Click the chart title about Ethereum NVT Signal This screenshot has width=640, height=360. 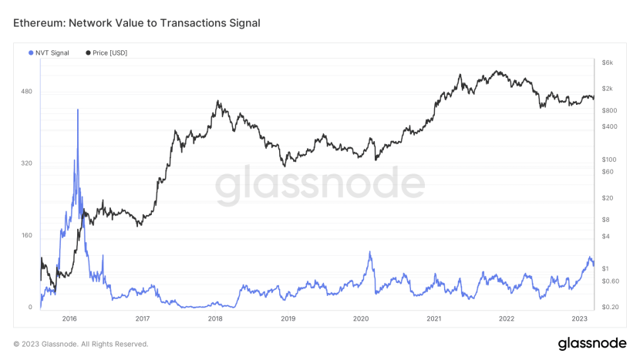(136, 23)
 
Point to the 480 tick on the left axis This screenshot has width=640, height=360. (26, 92)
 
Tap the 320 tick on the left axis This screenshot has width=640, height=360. (26, 163)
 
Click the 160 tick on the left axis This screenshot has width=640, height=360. (26, 235)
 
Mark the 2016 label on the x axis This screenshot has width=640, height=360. (69, 318)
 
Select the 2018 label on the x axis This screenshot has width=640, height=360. (215, 318)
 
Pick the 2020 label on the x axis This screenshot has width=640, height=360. (361, 318)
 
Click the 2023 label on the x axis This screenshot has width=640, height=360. (580, 318)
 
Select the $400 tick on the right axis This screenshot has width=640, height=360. (609, 126)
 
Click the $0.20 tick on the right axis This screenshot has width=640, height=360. (610, 308)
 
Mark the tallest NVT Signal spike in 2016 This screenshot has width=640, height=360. (78, 110)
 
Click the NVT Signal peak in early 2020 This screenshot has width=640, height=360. (370, 252)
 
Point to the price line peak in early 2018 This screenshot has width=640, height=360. (218, 101)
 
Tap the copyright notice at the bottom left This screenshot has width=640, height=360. (81, 344)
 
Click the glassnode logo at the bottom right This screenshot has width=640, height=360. (591, 343)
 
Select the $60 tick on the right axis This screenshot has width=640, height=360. (608, 172)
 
